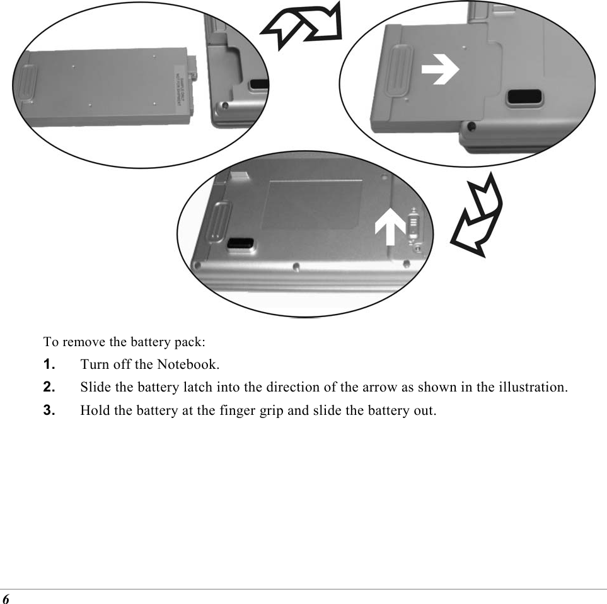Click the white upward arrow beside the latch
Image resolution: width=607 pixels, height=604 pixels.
(390, 227)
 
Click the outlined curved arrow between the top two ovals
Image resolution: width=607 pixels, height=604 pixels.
(303, 26)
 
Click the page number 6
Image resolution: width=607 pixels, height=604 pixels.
(6, 597)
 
